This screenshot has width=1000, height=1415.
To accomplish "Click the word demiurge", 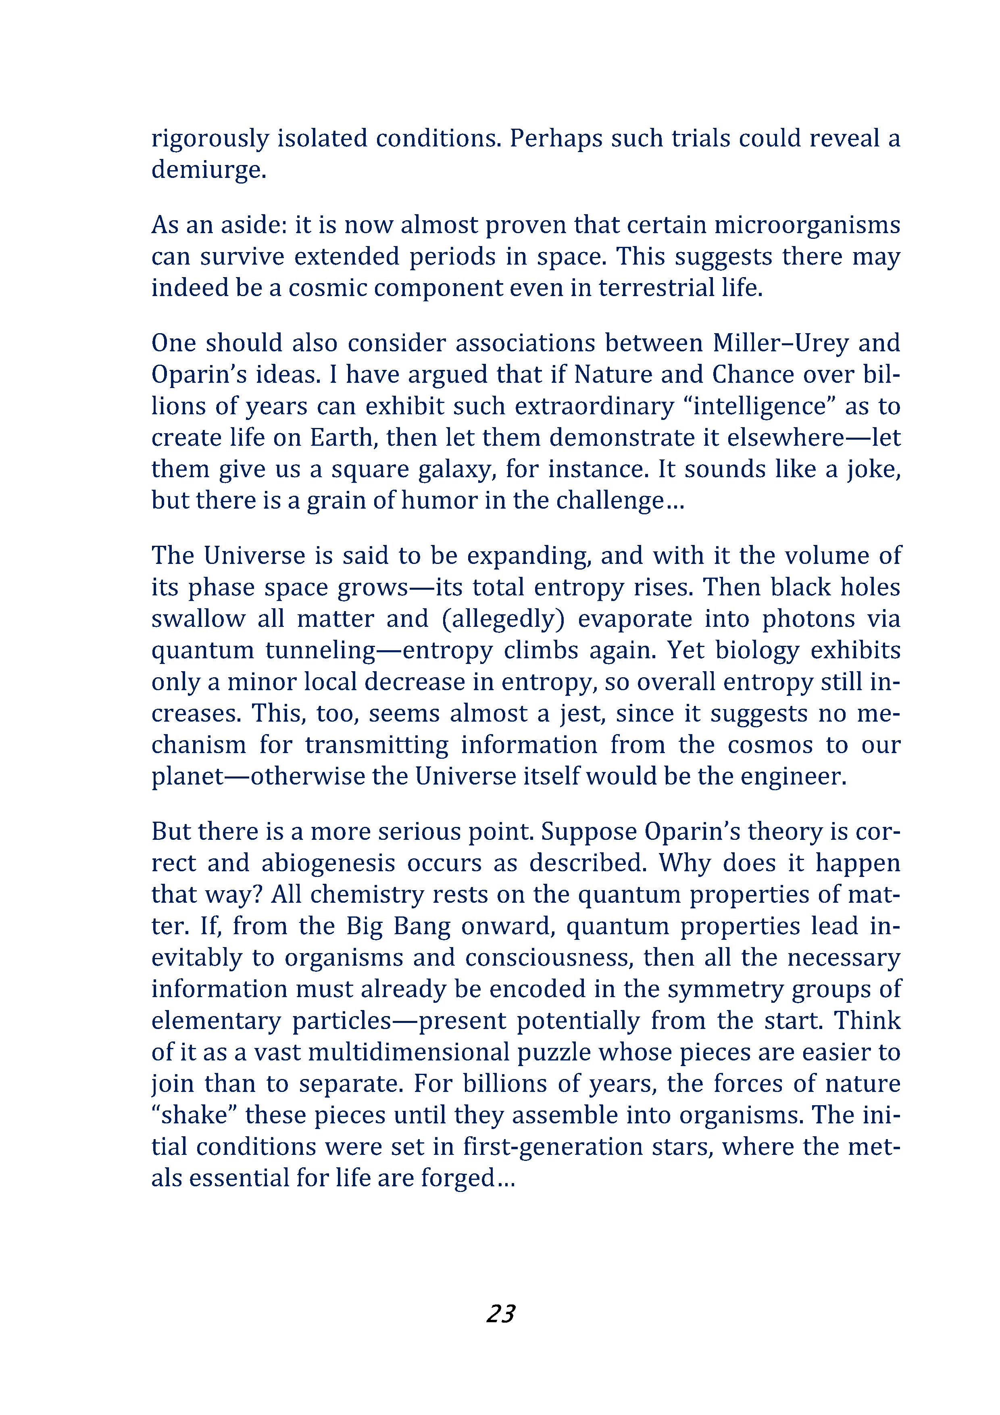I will [208, 169].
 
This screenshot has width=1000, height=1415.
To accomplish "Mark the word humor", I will [439, 501].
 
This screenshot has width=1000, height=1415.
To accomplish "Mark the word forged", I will [458, 1178].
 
